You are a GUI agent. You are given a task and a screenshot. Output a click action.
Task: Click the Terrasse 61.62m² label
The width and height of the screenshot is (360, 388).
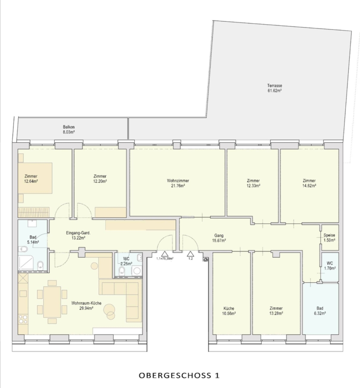click(275, 88)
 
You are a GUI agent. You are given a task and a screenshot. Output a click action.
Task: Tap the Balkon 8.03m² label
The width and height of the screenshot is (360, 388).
click(69, 130)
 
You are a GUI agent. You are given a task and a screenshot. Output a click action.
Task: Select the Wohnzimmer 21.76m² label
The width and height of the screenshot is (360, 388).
click(178, 183)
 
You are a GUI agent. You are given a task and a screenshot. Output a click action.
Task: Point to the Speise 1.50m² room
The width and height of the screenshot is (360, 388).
click(330, 238)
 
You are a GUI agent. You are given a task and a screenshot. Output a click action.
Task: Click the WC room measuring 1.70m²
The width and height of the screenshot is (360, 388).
click(330, 267)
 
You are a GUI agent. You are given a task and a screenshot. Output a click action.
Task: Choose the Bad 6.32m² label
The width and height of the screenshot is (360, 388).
click(320, 310)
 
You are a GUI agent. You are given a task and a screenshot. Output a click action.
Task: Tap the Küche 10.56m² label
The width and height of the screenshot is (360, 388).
click(229, 311)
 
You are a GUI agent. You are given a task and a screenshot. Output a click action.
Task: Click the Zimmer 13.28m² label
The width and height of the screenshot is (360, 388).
click(276, 311)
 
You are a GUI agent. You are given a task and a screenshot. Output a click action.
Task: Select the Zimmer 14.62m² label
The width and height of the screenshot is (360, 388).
click(309, 183)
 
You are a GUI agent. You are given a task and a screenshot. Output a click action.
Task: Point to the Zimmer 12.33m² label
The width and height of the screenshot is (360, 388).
click(253, 183)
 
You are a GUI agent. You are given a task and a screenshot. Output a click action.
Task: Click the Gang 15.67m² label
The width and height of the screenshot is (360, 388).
click(219, 238)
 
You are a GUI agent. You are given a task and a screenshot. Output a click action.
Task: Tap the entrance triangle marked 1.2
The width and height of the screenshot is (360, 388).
click(190, 254)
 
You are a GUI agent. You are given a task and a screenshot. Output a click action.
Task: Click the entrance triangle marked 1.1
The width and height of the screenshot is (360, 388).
click(165, 254)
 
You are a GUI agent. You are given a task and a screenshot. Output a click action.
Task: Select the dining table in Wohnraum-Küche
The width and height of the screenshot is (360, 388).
click(52, 302)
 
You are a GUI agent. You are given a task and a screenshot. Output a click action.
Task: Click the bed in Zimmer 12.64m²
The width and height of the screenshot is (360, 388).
click(35, 178)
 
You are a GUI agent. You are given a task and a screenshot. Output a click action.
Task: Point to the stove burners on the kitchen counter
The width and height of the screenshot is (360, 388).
click(23, 319)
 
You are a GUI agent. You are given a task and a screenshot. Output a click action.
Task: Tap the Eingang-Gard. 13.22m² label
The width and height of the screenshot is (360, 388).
click(78, 235)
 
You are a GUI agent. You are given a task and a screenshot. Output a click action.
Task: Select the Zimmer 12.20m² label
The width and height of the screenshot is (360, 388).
click(100, 178)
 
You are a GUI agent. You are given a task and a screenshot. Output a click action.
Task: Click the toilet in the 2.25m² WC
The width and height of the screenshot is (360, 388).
click(122, 272)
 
